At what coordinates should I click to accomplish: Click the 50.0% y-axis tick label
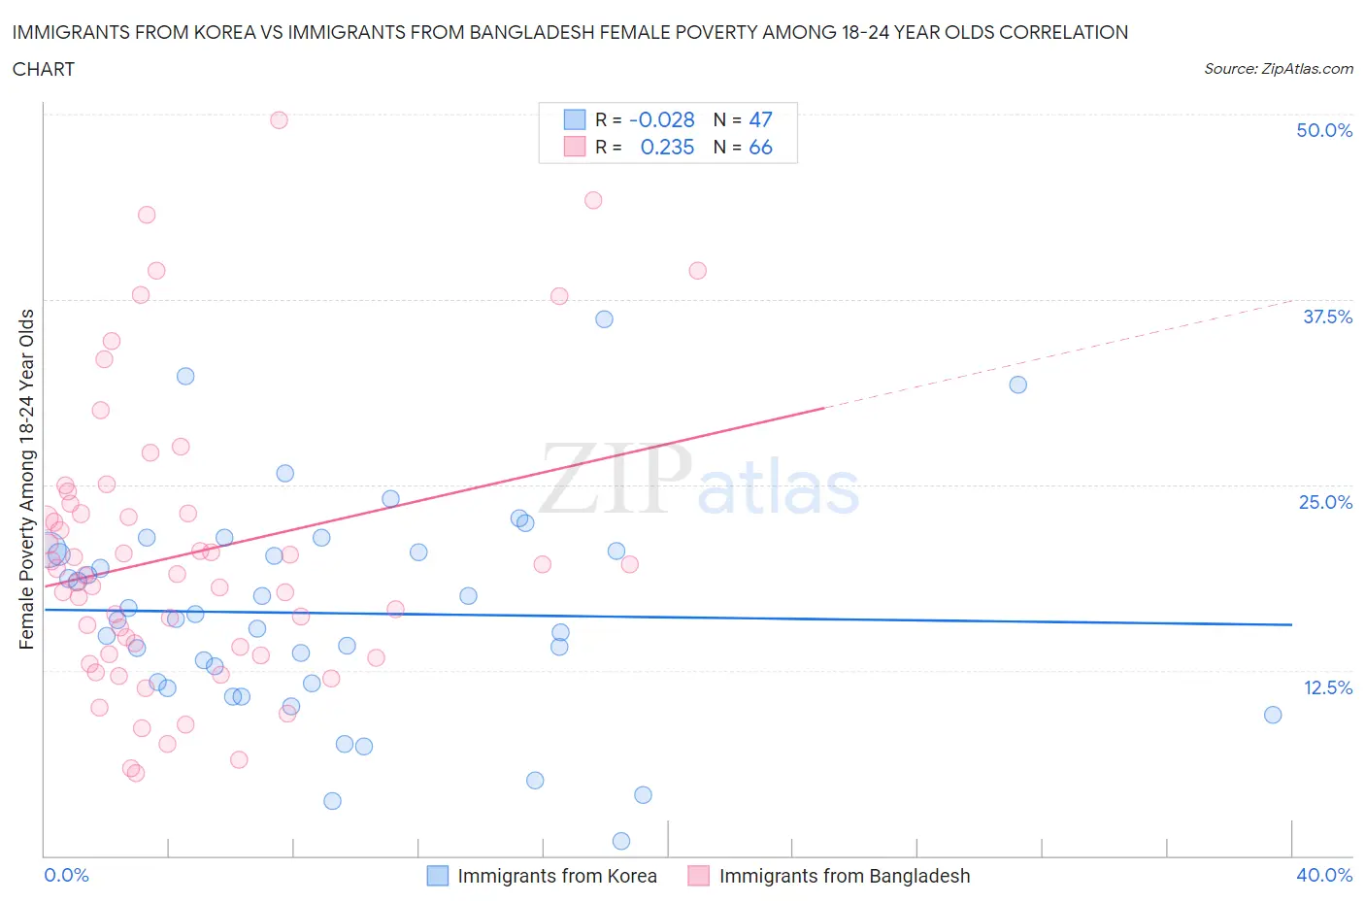(1323, 130)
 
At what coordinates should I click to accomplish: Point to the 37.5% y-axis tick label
(1326, 317)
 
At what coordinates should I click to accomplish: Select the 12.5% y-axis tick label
(1326, 687)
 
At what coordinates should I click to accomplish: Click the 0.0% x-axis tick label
(66, 875)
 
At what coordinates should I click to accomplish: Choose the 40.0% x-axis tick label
(1324, 875)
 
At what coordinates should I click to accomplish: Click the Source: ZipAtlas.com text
(1278, 69)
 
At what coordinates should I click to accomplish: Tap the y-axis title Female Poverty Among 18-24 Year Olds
(27, 479)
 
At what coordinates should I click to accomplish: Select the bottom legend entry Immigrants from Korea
(542, 876)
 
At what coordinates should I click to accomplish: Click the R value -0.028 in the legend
(661, 119)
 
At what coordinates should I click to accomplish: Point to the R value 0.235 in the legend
(667, 147)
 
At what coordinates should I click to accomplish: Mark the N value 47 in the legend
(760, 119)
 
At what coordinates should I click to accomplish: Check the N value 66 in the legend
(760, 147)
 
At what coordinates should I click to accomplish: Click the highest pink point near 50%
(279, 120)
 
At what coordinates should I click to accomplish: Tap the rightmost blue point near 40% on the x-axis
(1273, 715)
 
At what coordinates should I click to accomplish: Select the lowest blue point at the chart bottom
(621, 841)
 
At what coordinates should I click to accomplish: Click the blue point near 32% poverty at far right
(1017, 385)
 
